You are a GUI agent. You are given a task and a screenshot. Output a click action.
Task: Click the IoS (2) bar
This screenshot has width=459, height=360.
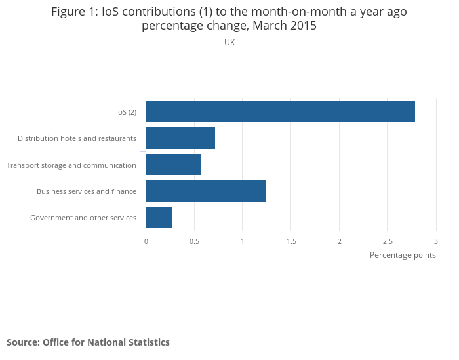pos(280,111)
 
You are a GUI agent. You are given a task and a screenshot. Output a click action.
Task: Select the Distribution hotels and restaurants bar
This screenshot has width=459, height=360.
pos(180,138)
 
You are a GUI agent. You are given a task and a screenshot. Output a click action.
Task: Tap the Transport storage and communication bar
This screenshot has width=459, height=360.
pos(173,165)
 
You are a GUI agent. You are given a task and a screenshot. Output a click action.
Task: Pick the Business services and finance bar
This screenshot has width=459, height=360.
pos(205,191)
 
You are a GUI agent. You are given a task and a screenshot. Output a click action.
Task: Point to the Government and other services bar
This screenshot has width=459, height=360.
pos(159,218)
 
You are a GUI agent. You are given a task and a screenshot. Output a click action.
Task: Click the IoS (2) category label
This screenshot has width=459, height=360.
pos(126,112)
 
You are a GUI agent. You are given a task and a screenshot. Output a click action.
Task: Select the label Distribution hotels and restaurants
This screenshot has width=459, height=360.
pos(77,138)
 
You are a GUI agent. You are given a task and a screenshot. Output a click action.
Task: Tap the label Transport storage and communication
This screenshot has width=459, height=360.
pos(71,165)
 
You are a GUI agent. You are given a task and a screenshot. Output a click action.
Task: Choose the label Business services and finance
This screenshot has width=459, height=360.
pos(87,191)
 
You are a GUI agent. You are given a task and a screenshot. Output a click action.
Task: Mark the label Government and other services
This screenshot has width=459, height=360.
pos(83,218)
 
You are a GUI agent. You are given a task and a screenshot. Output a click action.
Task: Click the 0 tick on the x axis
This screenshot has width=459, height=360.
pos(146,241)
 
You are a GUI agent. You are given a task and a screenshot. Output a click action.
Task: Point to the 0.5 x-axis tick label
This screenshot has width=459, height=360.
pos(194,241)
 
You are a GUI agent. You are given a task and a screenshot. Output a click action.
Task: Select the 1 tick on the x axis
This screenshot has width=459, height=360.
pos(243,241)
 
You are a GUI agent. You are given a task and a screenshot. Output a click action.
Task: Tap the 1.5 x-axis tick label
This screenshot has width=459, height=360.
pos(291,241)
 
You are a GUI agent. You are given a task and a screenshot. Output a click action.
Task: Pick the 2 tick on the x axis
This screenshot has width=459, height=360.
pos(340,241)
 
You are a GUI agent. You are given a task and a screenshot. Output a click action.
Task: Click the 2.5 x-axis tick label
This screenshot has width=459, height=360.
pos(388,241)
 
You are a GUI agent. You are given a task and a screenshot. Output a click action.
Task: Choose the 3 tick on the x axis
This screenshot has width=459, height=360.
pos(436,241)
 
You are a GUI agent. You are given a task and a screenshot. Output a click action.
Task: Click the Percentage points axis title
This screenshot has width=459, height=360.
pos(403,255)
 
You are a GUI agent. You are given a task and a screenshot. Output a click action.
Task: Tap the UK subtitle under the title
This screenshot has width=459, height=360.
pos(229,43)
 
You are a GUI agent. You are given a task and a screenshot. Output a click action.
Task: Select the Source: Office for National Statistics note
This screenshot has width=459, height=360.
pos(88,342)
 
